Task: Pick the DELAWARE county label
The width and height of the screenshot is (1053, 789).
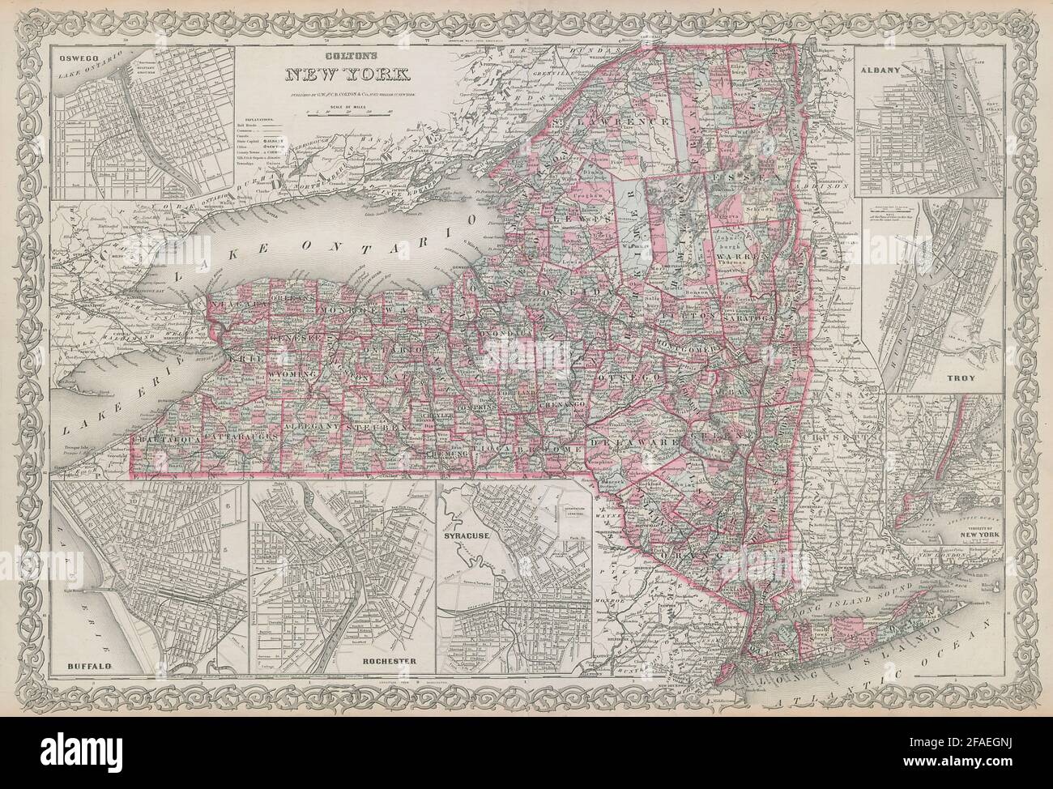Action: tap(644, 443)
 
